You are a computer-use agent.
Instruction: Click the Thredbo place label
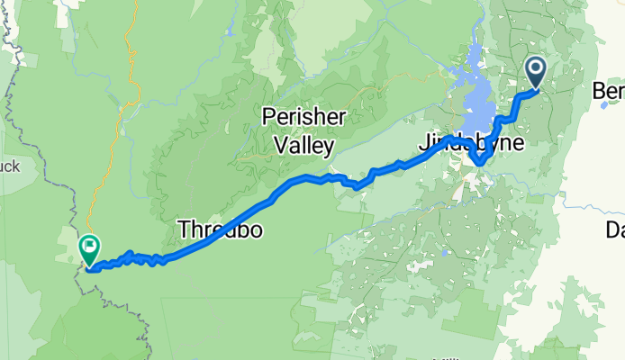[221, 229]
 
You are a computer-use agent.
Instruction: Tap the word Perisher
[298, 116]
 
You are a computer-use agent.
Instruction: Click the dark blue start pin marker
[536, 71]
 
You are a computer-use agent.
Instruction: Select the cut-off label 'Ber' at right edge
[609, 90]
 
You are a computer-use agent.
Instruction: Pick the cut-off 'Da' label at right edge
[614, 229]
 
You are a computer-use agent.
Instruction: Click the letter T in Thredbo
[184, 229]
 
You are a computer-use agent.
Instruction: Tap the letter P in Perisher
[269, 116]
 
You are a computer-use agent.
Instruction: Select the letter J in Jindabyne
[422, 142]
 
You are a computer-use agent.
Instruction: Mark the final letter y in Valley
[329, 147]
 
